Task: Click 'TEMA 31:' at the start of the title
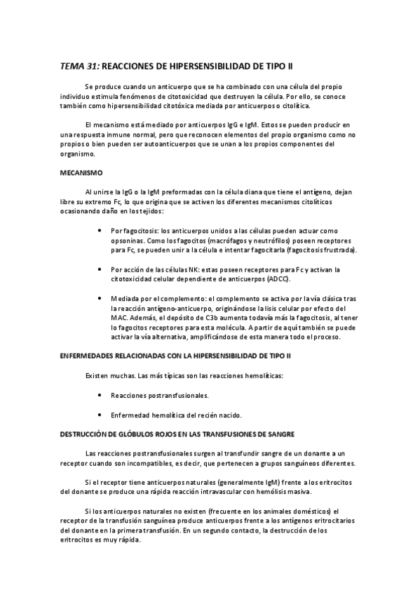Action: coord(80,67)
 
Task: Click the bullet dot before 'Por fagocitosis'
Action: coord(104,230)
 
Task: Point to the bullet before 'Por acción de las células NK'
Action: coord(104,269)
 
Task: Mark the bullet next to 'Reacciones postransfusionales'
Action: coord(104,395)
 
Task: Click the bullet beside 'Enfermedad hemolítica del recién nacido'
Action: coord(104,415)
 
